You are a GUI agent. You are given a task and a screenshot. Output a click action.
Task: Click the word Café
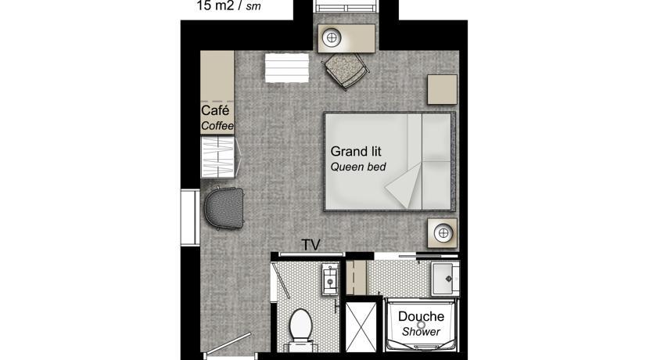[x=215, y=110]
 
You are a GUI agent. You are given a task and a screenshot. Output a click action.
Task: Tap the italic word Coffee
[x=217, y=126]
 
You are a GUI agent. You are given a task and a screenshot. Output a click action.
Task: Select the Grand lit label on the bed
[x=356, y=151]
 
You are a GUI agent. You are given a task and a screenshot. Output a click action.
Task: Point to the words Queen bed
[x=358, y=167]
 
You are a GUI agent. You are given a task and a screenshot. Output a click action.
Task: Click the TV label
[x=311, y=245]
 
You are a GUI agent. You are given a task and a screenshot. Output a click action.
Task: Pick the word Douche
[x=421, y=316]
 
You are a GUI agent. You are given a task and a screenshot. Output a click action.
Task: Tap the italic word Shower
[x=421, y=332]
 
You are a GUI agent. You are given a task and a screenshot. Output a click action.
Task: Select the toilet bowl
[x=300, y=325]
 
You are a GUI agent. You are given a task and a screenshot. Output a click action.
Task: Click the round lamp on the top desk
[x=332, y=38]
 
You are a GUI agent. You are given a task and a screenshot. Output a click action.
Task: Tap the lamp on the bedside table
[x=443, y=232]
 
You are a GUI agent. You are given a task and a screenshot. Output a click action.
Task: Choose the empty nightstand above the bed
[x=442, y=89]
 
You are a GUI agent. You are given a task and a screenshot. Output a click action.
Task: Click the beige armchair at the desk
[x=345, y=70]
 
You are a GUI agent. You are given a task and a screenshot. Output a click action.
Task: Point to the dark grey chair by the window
[x=224, y=208]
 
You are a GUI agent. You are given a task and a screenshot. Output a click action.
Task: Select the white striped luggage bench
[x=286, y=67]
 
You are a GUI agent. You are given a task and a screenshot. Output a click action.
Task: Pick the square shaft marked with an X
[x=361, y=327]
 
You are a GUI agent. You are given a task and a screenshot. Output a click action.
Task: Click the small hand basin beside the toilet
[x=330, y=279]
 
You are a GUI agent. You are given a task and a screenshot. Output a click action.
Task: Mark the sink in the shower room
[x=445, y=278]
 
